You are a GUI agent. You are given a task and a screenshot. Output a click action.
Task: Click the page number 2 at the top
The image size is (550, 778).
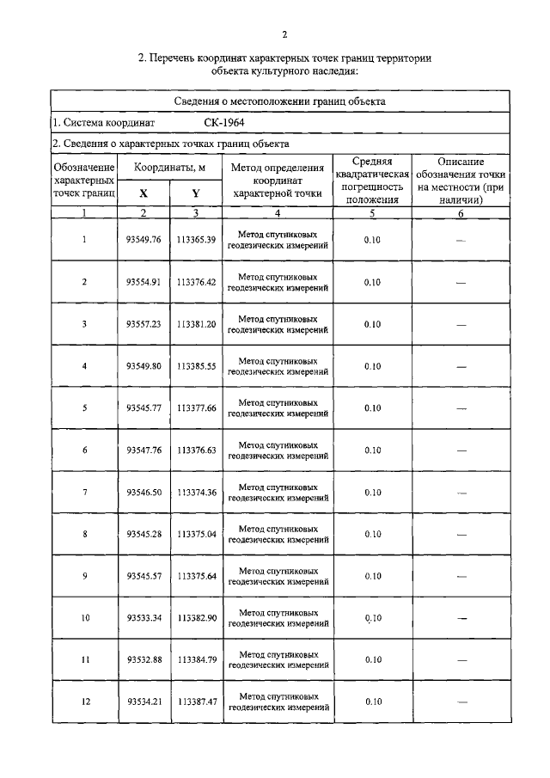283,34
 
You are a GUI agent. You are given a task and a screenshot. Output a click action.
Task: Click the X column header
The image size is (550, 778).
144,193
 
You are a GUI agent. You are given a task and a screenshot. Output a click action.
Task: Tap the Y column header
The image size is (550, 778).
196,193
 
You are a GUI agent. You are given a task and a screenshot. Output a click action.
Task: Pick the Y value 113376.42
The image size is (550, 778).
196,281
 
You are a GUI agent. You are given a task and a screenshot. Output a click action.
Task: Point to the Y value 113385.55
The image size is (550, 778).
196,365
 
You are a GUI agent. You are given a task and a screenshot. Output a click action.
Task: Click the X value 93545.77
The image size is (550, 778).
144,407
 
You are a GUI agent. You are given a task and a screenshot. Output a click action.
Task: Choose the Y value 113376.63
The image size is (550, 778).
196,450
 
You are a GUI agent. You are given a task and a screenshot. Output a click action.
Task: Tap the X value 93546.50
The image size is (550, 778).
144,492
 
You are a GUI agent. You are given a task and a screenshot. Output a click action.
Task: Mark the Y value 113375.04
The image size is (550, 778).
196,534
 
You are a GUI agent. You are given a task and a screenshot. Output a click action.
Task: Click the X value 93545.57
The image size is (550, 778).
144,576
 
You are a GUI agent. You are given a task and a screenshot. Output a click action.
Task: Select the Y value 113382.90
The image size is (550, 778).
196,618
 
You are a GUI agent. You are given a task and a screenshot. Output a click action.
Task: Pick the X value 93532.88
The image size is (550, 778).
144,660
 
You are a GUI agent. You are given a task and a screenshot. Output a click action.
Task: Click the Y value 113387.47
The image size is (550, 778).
196,702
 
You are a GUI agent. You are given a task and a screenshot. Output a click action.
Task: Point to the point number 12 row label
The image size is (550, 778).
84,702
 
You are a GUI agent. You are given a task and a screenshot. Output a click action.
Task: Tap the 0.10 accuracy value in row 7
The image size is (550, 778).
372,492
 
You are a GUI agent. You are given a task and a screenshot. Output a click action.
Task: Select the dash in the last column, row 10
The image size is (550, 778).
461,618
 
